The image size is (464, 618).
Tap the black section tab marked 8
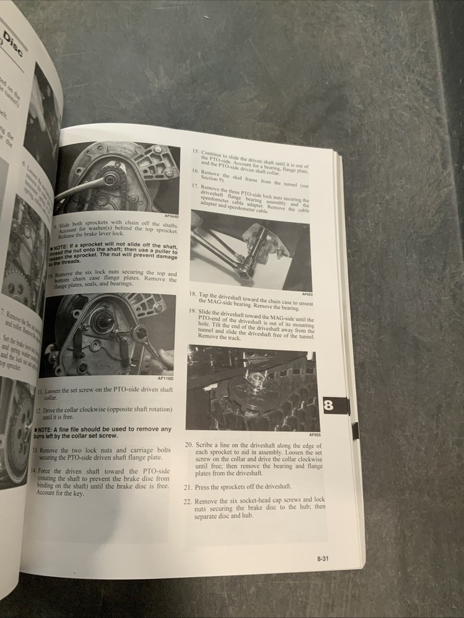(328, 405)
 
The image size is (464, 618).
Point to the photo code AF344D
(171, 216)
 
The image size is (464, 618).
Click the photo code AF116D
(166, 378)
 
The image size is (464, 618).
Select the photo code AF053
(307, 294)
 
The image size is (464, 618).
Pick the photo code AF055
(314, 434)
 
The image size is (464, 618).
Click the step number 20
(189, 445)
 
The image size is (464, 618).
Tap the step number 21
(188, 487)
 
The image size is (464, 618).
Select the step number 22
(187, 501)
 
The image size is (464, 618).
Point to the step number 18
(194, 295)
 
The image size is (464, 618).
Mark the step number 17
(195, 185)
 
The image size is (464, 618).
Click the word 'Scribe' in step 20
(208, 445)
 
